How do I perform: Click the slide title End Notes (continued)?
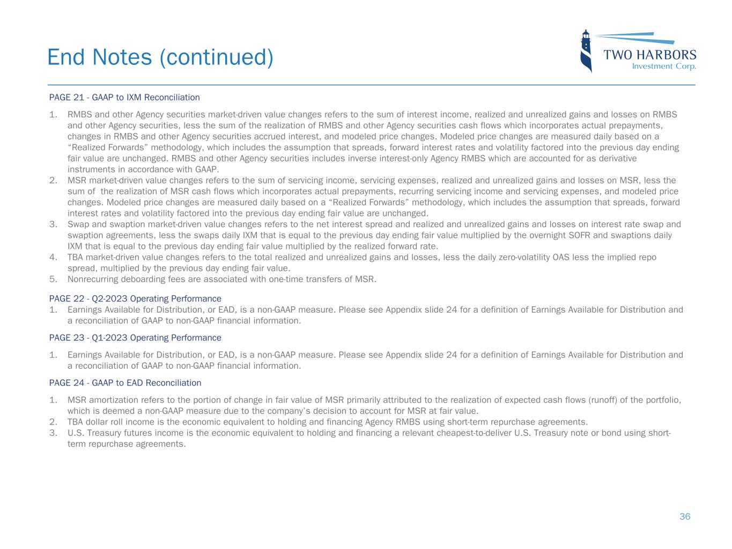coord(160,57)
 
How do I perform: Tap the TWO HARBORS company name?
coord(650,55)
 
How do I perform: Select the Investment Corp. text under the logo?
coord(664,66)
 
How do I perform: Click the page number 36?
coord(685,517)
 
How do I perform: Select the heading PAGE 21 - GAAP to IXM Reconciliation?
coord(124,98)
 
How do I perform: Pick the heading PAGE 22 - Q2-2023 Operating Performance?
coord(135,299)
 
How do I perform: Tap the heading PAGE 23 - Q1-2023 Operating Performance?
coord(135,338)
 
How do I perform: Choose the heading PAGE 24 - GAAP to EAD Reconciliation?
coord(125,383)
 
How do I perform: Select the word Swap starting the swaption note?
coord(77,224)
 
